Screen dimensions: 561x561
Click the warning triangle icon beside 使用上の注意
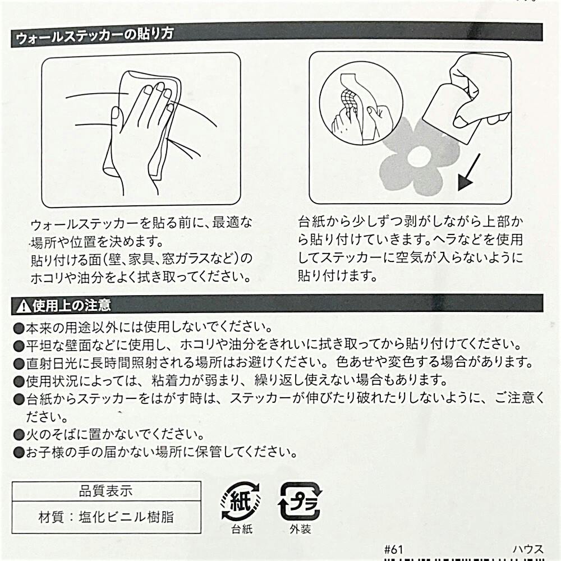coord(23,306)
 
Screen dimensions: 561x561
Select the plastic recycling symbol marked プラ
coord(300,501)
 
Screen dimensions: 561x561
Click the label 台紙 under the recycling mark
coord(242,529)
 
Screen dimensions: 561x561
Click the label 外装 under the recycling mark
coord(300,529)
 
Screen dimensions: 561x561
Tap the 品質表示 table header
coord(106,491)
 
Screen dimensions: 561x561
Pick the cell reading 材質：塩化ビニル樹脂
coord(106,517)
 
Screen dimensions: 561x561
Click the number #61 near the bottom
coord(394,549)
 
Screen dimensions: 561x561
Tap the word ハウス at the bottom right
coord(528,549)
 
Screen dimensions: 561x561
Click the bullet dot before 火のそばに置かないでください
coord(19,435)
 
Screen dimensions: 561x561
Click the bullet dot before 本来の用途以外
coord(19,328)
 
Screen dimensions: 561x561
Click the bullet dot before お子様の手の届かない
coord(19,453)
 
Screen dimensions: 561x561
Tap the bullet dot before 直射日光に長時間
coord(19,364)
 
